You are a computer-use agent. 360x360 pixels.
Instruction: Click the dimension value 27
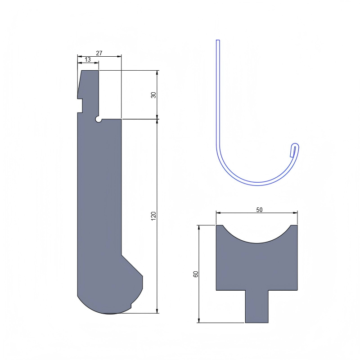point(99,53)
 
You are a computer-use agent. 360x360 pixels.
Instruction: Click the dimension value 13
point(87,59)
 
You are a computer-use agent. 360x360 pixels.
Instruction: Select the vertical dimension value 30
point(153,95)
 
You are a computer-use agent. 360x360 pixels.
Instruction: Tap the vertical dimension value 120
point(153,216)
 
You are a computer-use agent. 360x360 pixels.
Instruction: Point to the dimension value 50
point(259,209)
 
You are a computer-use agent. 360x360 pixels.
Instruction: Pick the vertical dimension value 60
point(196,274)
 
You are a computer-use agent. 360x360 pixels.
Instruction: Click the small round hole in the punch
point(98,119)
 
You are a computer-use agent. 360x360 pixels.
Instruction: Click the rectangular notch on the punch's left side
point(80,105)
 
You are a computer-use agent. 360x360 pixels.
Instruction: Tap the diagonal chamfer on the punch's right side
point(132,265)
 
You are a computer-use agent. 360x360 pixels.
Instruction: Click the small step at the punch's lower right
point(131,306)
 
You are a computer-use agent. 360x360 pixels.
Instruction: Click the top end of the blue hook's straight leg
point(218,41)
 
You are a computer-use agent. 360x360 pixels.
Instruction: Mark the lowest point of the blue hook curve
point(257,184)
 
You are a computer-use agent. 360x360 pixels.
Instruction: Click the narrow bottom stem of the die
point(256,306)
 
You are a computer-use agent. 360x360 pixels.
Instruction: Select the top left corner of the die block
point(217,226)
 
